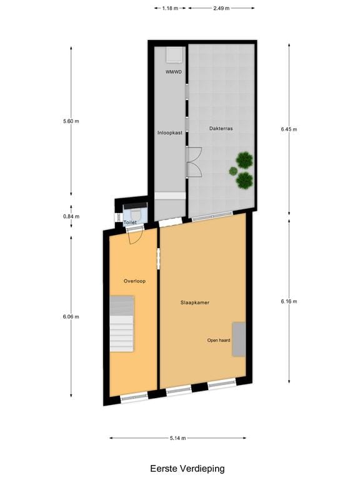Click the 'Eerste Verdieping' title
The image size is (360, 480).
(187, 468)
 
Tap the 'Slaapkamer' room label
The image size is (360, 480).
(195, 302)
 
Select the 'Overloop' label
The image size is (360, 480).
(134, 281)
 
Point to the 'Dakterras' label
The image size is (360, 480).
(221, 128)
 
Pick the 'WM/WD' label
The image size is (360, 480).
(173, 72)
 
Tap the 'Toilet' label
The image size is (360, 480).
(130, 222)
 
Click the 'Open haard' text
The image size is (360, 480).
(219, 341)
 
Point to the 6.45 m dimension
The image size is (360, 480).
(289, 129)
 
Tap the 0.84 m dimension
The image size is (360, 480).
(71, 216)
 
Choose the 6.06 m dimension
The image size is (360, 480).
(71, 316)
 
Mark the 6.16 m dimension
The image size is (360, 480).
(289, 301)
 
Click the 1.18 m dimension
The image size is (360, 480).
(170, 9)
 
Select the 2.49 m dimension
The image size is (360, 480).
(221, 9)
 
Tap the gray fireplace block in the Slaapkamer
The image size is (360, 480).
(239, 339)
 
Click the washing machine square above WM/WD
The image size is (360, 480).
(175, 55)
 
